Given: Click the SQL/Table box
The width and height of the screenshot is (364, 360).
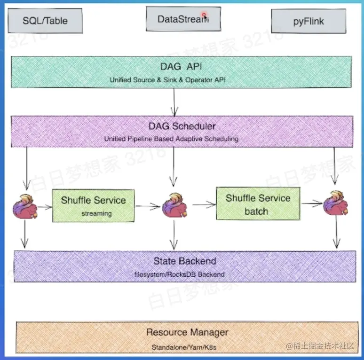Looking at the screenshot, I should click(x=45, y=21).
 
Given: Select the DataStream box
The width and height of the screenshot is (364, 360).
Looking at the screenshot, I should click(x=183, y=19).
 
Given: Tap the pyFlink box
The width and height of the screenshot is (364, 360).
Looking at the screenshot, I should click(x=309, y=21).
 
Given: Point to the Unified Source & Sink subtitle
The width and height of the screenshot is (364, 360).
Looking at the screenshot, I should click(x=168, y=80).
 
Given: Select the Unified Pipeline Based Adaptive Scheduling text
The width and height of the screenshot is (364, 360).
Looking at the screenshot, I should click(x=171, y=139).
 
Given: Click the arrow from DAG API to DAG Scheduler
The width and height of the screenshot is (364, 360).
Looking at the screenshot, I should click(x=174, y=101).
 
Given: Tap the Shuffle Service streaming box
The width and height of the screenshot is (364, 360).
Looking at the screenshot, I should click(x=93, y=205).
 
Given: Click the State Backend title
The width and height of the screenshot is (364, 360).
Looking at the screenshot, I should click(x=184, y=261).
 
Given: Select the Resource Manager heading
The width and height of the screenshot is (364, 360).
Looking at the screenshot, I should click(x=187, y=332).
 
